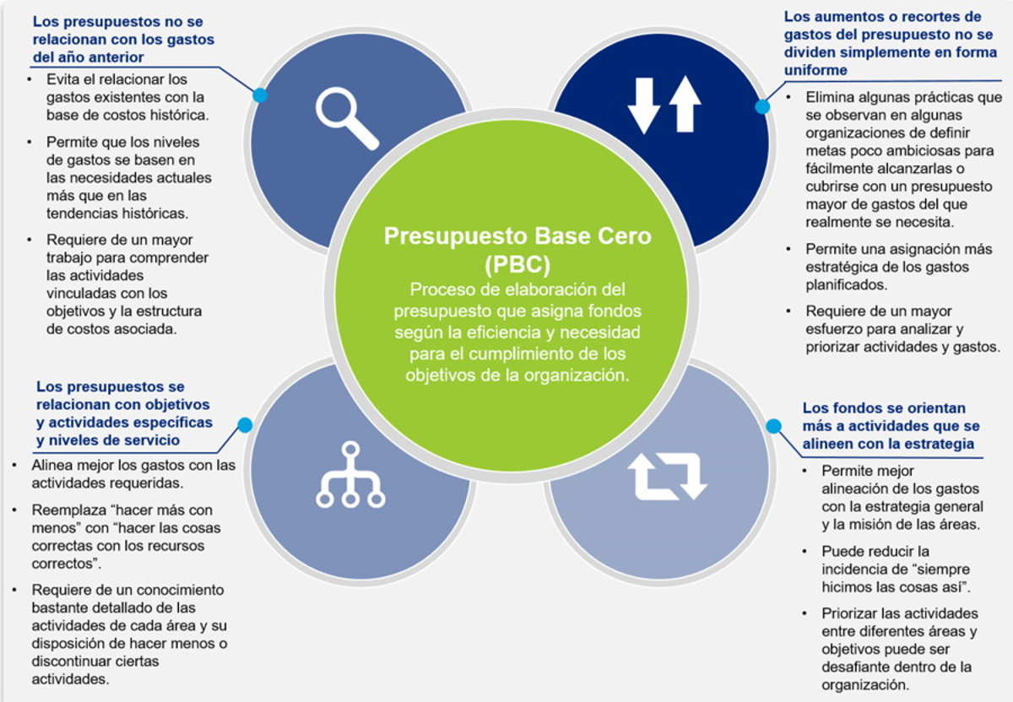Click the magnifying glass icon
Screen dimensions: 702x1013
[x=346, y=118]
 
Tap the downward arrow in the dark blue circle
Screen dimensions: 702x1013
[x=644, y=105]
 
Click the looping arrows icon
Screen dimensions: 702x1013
[x=666, y=476]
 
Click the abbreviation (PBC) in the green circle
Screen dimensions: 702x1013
[x=517, y=264]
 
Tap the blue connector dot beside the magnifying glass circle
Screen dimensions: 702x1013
[x=260, y=95]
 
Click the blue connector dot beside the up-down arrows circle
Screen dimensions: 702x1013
[x=762, y=106]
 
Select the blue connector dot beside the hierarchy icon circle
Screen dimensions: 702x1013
[x=245, y=425]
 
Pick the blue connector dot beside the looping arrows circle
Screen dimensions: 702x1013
[x=773, y=426]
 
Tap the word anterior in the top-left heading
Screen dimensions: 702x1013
[x=114, y=57]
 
